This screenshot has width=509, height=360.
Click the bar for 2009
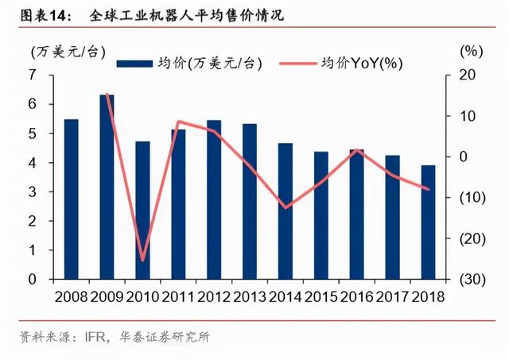click(107, 187)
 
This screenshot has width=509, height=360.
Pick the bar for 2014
click(286, 211)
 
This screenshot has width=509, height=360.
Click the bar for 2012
click(214, 199)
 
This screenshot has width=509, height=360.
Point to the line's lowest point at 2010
click(143, 260)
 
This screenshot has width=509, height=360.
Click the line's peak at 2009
click(107, 95)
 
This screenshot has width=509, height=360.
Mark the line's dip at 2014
click(286, 207)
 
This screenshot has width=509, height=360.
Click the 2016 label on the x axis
click(357, 296)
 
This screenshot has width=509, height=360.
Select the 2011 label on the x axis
click(178, 296)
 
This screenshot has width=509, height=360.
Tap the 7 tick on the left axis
click(33, 75)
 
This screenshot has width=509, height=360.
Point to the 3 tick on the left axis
click(33, 192)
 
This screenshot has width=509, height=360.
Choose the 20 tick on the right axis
click(468, 75)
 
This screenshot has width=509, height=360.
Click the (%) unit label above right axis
click(472, 51)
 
